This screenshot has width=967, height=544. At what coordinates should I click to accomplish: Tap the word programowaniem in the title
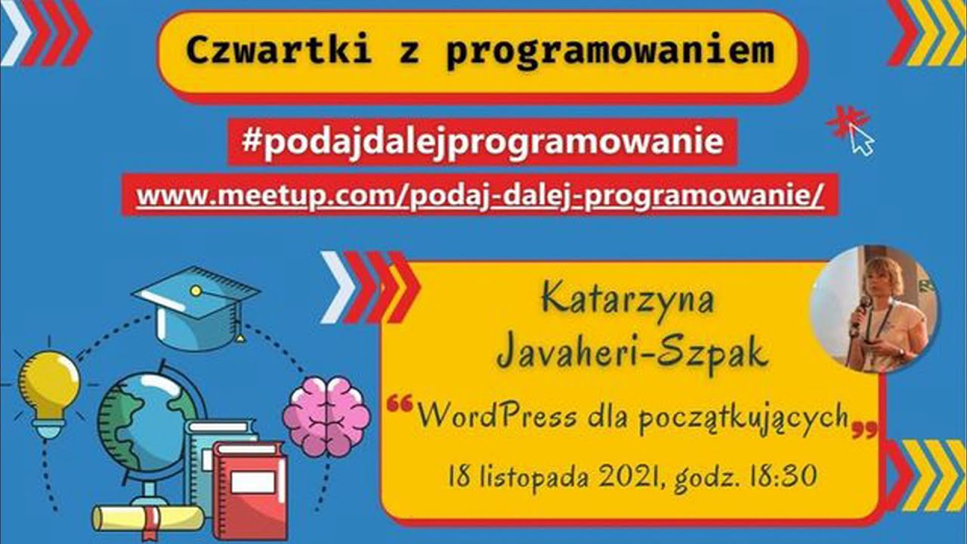[610, 51]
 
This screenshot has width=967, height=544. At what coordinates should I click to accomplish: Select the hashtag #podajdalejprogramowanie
[482, 142]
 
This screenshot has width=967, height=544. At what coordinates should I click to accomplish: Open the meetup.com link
[480, 196]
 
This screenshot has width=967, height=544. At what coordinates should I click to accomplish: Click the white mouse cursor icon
[861, 140]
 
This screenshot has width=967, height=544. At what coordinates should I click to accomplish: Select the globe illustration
[144, 423]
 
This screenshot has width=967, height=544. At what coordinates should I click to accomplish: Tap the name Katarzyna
[628, 299]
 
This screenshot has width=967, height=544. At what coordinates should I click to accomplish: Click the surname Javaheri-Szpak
[633, 354]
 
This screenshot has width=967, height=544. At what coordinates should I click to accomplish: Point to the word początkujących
[743, 418]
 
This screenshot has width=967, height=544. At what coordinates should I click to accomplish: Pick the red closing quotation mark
[865, 431]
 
